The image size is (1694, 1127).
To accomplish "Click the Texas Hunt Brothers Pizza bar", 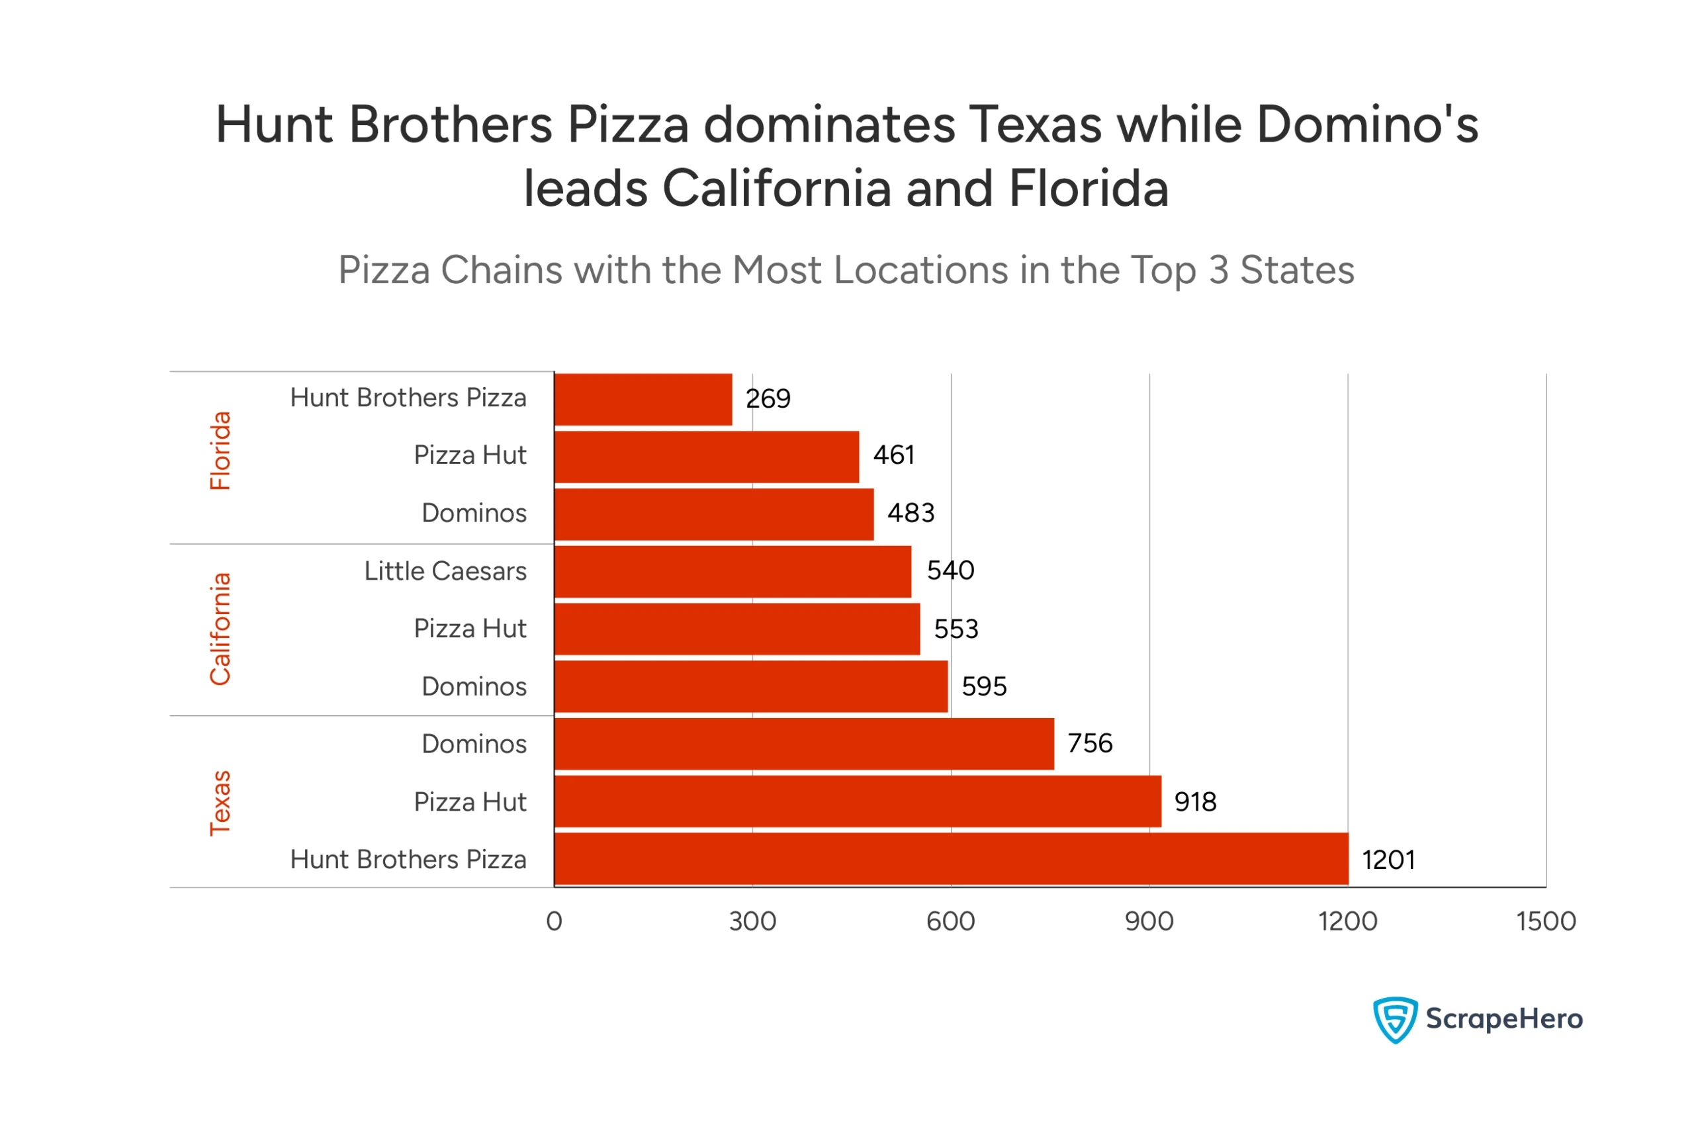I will coord(951,859).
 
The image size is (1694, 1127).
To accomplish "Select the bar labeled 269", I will coord(643,399).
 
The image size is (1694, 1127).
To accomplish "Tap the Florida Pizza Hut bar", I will coord(707,457).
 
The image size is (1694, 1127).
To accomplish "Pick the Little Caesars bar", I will coord(733,571).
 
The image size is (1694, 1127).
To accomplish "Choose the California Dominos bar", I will coord(751,686).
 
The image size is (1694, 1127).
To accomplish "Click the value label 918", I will coord(1195,802).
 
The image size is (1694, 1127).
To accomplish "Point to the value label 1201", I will coord(1388,860).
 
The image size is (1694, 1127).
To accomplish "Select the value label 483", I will coord(911,513).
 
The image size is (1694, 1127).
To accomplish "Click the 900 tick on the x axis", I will coord(1149,921).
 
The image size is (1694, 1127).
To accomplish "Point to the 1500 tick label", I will coord(1546,921).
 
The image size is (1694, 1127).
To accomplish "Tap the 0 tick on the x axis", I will coord(554,921).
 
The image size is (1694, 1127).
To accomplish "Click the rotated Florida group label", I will coord(220,451).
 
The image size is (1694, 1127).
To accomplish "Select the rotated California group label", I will coord(220,629).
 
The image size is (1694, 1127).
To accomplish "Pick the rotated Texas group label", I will coord(220,803).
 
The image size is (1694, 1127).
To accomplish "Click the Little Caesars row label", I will coord(445,571).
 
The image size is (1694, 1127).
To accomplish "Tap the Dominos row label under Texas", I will coord(474,744).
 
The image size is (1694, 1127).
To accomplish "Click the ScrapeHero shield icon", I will coord(1394,1019).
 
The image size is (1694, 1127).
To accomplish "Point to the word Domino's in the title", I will coord(1367,124).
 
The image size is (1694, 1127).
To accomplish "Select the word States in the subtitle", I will coord(1297,270).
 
